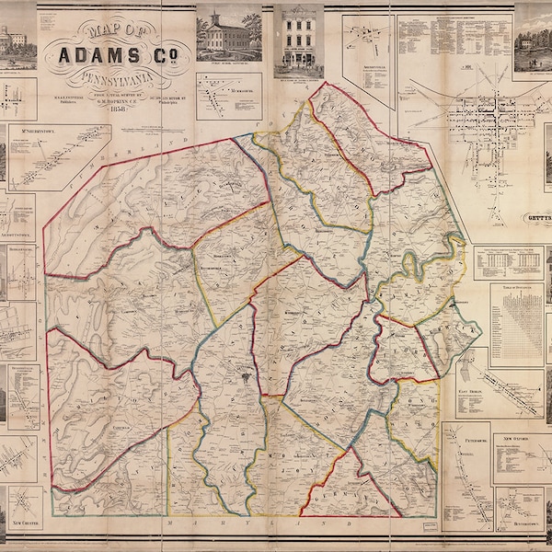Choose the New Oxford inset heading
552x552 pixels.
point(518,427)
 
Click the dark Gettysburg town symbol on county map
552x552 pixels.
point(245,378)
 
